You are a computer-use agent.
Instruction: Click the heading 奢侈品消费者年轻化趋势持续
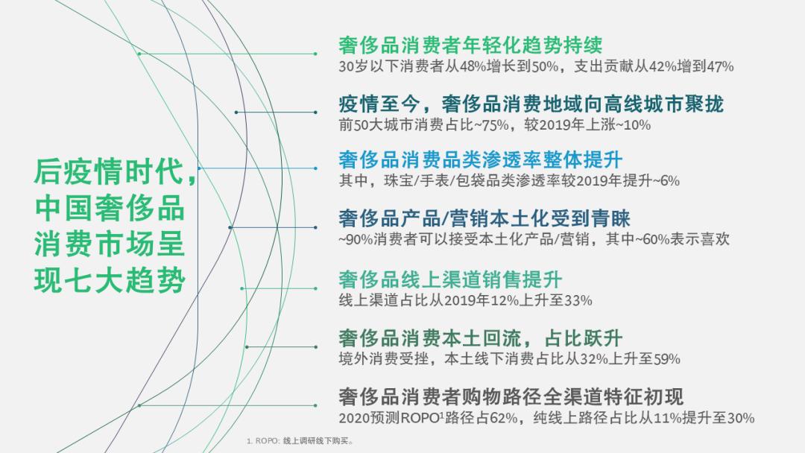[470, 45]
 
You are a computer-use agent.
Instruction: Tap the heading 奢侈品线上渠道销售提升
[449, 280]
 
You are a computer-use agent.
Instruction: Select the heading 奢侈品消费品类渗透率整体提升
[480, 159]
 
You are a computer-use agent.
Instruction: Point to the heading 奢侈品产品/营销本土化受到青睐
[484, 218]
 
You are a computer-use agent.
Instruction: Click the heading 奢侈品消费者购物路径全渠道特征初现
[511, 396]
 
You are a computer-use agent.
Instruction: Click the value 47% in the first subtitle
[721, 66]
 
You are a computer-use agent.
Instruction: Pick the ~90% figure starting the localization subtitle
[354, 240]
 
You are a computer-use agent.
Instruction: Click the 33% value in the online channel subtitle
[578, 300]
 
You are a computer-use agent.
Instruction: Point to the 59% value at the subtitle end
[666, 359]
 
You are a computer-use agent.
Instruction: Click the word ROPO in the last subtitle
[422, 418]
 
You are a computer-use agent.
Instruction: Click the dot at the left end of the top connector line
[139, 54]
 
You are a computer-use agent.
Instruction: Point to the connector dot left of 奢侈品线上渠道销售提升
[241, 288]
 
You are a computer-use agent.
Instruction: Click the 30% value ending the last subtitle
[739, 418]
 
